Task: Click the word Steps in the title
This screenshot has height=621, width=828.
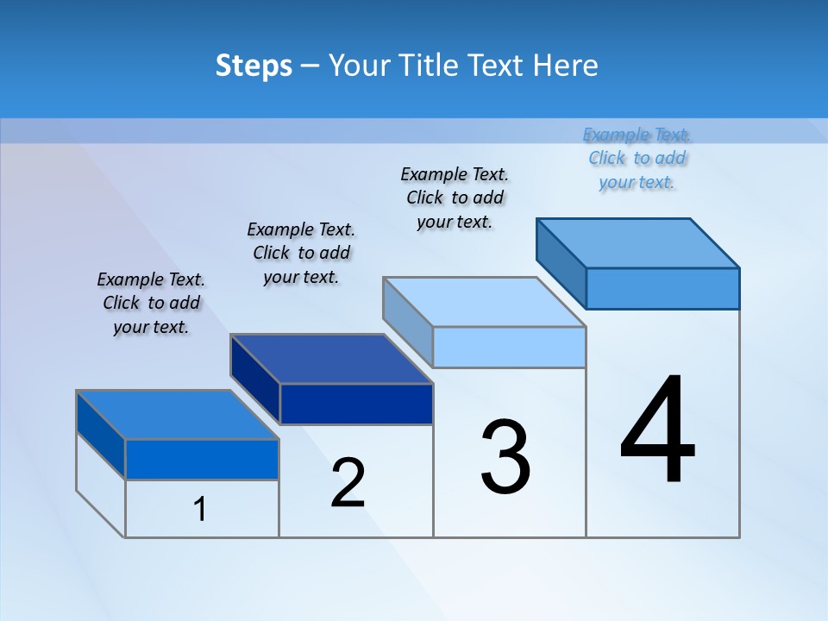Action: click(x=254, y=66)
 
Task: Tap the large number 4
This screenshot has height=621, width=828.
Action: click(x=658, y=430)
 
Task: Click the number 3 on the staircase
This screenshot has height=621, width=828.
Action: click(x=505, y=458)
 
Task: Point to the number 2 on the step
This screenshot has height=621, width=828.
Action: click(x=348, y=483)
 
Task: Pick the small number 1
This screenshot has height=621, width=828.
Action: click(x=200, y=509)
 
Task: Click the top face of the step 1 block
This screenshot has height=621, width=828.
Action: click(x=177, y=415)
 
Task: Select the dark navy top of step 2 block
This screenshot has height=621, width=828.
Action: click(x=331, y=359)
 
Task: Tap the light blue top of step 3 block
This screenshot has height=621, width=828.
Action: click(x=484, y=302)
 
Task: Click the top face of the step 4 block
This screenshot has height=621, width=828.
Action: click(x=638, y=243)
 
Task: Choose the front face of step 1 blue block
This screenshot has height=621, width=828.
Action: click(x=202, y=459)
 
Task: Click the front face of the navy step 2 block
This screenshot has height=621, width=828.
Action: click(x=356, y=404)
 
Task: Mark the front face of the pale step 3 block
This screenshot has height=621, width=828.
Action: click(x=509, y=347)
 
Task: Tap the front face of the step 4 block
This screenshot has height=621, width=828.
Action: click(x=662, y=288)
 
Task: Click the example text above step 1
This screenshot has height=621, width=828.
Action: click(x=151, y=303)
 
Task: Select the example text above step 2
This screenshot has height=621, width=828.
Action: click(x=301, y=253)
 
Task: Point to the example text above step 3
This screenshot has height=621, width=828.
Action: click(x=455, y=198)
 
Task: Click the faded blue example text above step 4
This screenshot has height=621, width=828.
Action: click(x=637, y=158)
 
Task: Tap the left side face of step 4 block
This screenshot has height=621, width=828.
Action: click(x=561, y=262)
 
